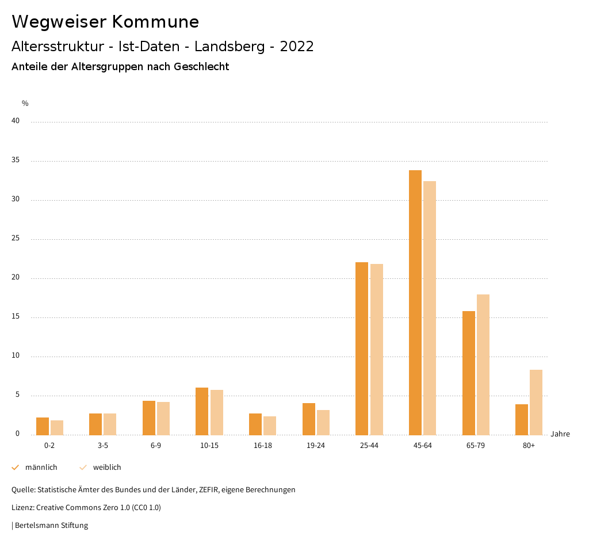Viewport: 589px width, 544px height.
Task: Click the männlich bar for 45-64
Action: click(415, 302)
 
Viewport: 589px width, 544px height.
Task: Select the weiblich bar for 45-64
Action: click(430, 308)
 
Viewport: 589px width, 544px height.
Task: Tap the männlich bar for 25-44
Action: click(362, 348)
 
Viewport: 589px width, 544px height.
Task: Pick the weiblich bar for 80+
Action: click(536, 403)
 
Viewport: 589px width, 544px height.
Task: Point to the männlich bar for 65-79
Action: click(469, 373)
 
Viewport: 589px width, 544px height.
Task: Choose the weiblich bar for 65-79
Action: click(483, 365)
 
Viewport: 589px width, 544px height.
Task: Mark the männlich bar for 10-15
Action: click(202, 411)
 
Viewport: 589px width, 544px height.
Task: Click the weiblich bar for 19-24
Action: click(323, 423)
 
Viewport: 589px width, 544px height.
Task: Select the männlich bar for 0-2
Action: click(43, 426)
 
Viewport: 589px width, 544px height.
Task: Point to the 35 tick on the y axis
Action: click(16, 160)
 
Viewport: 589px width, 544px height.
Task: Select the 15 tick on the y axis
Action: click(16, 317)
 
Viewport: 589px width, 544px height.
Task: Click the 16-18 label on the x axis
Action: click(262, 446)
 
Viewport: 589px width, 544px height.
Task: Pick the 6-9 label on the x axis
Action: click(156, 446)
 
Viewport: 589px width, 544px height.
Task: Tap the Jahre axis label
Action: click(560, 434)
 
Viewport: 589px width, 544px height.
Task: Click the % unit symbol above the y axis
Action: click(25, 104)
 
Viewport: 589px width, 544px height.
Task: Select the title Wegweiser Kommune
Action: click(105, 22)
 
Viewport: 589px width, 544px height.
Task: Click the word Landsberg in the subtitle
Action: click(230, 47)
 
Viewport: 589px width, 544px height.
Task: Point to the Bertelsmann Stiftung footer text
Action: click(51, 526)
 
